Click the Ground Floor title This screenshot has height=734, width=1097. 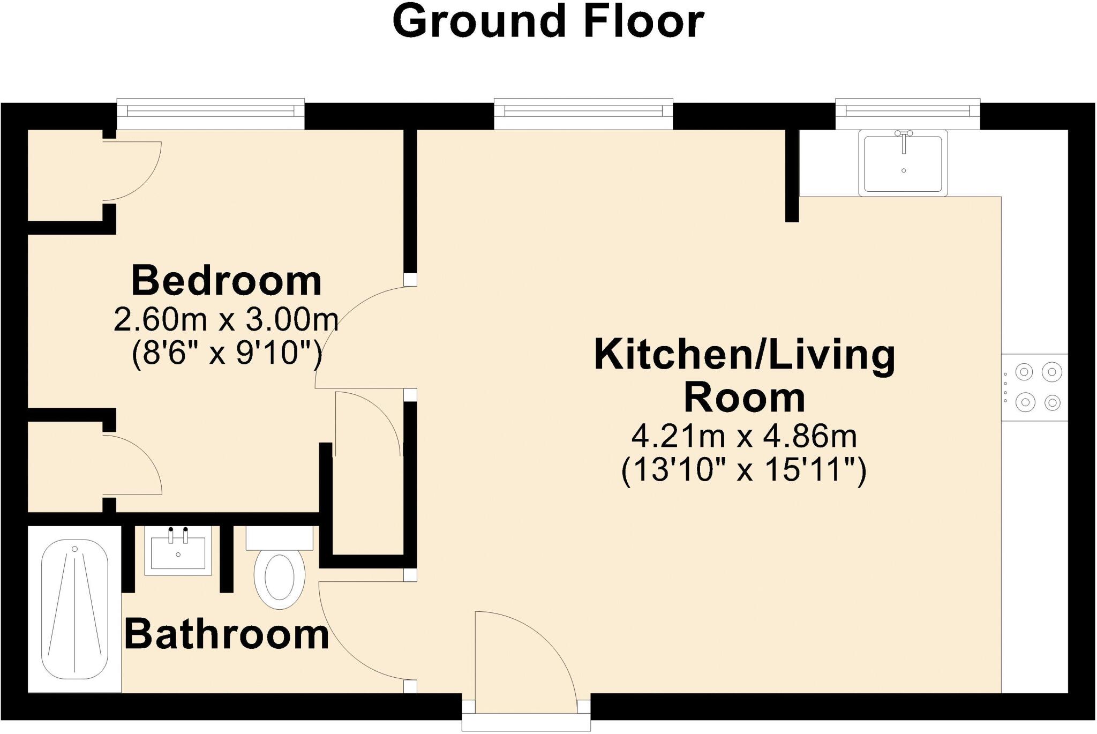pos(548,21)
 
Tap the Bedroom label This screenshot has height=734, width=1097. pos(227,281)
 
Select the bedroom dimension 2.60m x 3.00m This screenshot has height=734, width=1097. pos(226,321)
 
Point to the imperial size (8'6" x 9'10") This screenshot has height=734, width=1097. pos(227,353)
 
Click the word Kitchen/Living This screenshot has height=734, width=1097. pos(745,355)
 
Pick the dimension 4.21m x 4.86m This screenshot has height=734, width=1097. pos(744,437)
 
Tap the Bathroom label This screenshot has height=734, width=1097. pos(227,634)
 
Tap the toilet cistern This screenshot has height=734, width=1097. pos(279,538)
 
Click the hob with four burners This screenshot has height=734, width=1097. pos(1034,387)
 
